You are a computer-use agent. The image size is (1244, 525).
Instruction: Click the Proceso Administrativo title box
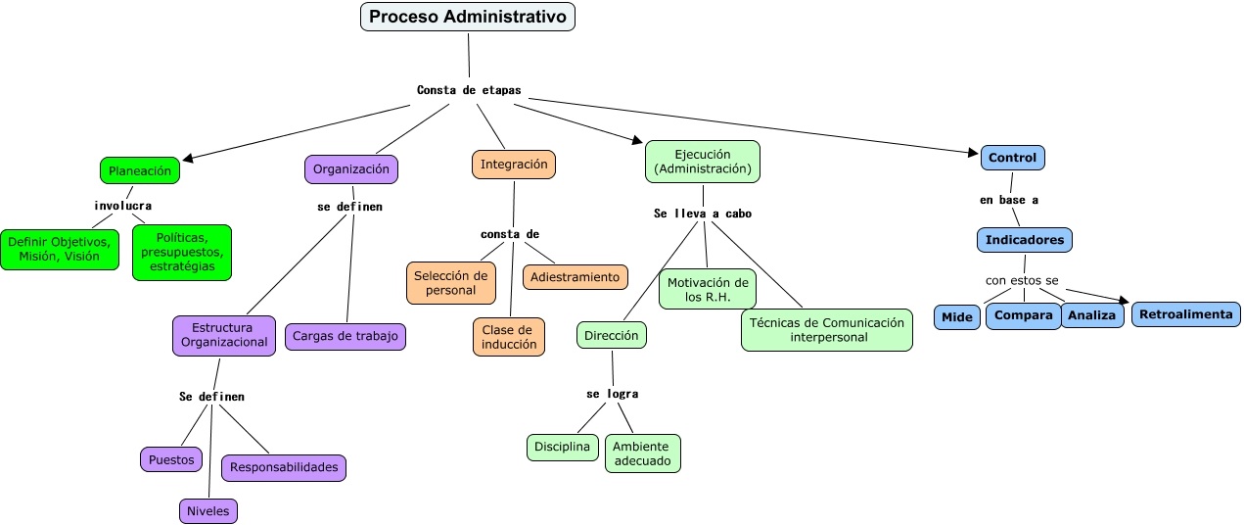coord(468,18)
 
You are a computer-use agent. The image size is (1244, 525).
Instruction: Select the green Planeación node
coord(140,170)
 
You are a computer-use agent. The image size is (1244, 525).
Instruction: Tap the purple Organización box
coord(351,169)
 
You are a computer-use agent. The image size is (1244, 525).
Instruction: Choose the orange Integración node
coord(514,165)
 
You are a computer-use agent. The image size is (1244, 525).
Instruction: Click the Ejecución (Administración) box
coord(703,162)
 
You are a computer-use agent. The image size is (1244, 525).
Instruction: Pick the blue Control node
coord(1012,158)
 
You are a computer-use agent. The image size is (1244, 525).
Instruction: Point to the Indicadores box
coord(1024,240)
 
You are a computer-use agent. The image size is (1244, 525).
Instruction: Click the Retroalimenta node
coord(1186,314)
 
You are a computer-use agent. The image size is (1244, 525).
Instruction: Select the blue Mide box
coord(956,317)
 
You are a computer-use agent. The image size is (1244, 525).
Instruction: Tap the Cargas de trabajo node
coord(346,337)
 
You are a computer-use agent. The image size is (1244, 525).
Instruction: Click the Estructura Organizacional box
coord(223,335)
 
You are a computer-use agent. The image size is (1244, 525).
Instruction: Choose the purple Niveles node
coord(208,511)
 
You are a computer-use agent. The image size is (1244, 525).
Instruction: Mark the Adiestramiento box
coord(575,277)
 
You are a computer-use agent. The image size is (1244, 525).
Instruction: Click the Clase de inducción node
coord(509,337)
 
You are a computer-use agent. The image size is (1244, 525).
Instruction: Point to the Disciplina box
coord(563,448)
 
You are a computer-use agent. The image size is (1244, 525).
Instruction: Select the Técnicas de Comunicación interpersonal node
coord(827,330)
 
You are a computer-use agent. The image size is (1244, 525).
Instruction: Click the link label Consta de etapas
coord(469,90)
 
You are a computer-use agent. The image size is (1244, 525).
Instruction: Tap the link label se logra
coord(612,394)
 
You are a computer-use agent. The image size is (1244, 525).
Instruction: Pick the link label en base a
coord(1008,200)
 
